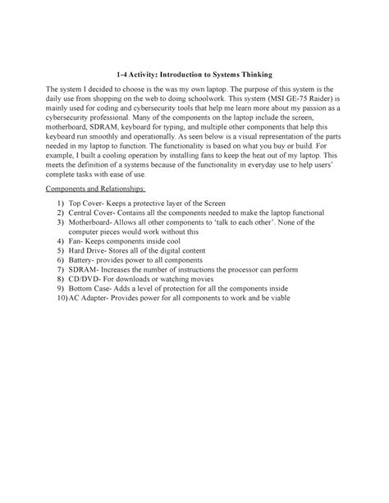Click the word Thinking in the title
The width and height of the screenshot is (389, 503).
pyautogui.click(x=251, y=74)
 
